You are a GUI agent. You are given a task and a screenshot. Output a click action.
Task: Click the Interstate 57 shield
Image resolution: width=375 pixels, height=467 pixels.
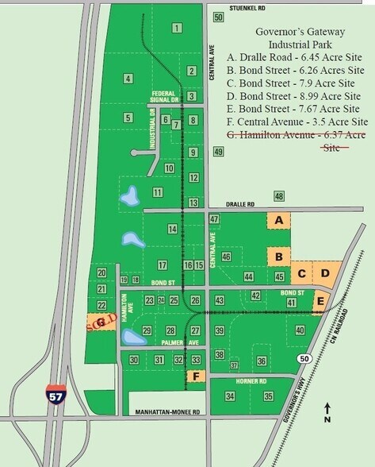(51, 392)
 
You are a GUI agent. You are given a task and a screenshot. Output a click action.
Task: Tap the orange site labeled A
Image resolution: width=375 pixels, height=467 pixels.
(278, 220)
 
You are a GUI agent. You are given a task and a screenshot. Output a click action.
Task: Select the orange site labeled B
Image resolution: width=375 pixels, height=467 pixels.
(278, 257)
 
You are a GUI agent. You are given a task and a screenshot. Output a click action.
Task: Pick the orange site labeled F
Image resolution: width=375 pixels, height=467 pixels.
(196, 376)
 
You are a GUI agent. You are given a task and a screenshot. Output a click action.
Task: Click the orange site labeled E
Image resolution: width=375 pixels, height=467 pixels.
(320, 301)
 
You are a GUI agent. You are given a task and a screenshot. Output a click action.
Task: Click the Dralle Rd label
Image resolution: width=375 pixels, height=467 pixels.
(237, 204)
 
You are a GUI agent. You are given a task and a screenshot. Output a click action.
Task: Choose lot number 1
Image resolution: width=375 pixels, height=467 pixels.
(176, 29)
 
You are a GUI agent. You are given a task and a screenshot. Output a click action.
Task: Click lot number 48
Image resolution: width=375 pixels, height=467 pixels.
(278, 195)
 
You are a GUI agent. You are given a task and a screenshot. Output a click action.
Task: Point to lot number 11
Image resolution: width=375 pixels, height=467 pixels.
(158, 192)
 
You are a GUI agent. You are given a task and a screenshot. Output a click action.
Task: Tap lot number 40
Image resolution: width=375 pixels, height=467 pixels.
(300, 330)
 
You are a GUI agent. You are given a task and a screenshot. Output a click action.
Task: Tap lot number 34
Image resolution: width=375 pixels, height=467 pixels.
(230, 396)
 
